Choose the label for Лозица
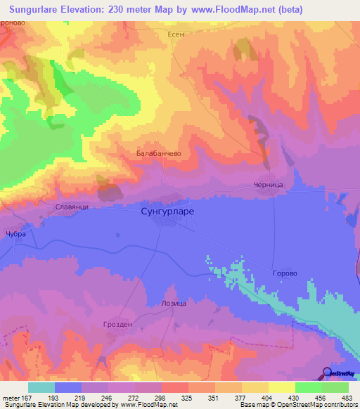174,303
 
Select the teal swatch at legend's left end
41,387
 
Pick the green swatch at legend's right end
335,387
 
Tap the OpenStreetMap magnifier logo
328,374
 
